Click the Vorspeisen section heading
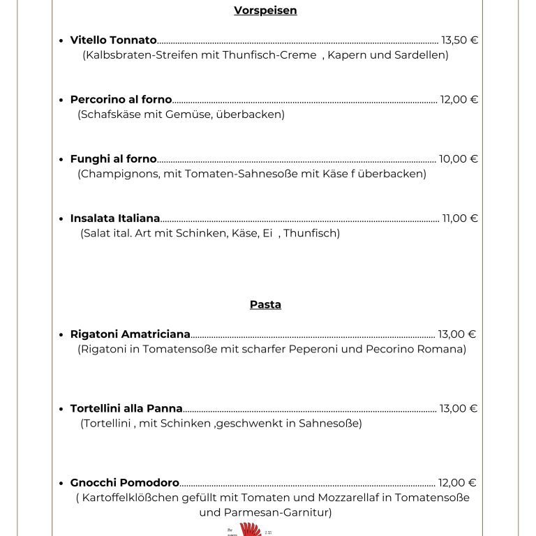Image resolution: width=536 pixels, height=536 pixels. coord(265,10)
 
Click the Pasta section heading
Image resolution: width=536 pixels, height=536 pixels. coord(265,305)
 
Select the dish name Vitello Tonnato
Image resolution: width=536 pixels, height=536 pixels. coord(113,40)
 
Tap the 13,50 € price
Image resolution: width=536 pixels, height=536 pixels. coord(459,40)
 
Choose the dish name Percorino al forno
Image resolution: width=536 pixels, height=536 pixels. coord(121,100)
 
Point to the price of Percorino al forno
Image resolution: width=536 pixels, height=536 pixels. coord(459,100)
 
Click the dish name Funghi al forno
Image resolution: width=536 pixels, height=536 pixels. coord(113,159)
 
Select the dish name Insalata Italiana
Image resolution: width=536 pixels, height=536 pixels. coord(115,218)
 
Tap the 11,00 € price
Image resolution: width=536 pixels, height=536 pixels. coord(460,218)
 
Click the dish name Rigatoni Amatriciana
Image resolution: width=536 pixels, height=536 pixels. coord(130,334)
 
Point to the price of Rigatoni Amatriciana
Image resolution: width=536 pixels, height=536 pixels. coord(456,334)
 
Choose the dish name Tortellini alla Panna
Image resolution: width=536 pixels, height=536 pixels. coord(126,409)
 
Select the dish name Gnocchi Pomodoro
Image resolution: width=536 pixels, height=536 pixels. coord(124,483)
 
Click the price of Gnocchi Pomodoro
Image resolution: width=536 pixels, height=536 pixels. coord(456,483)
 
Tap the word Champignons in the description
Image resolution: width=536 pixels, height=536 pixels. coord(119,174)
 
